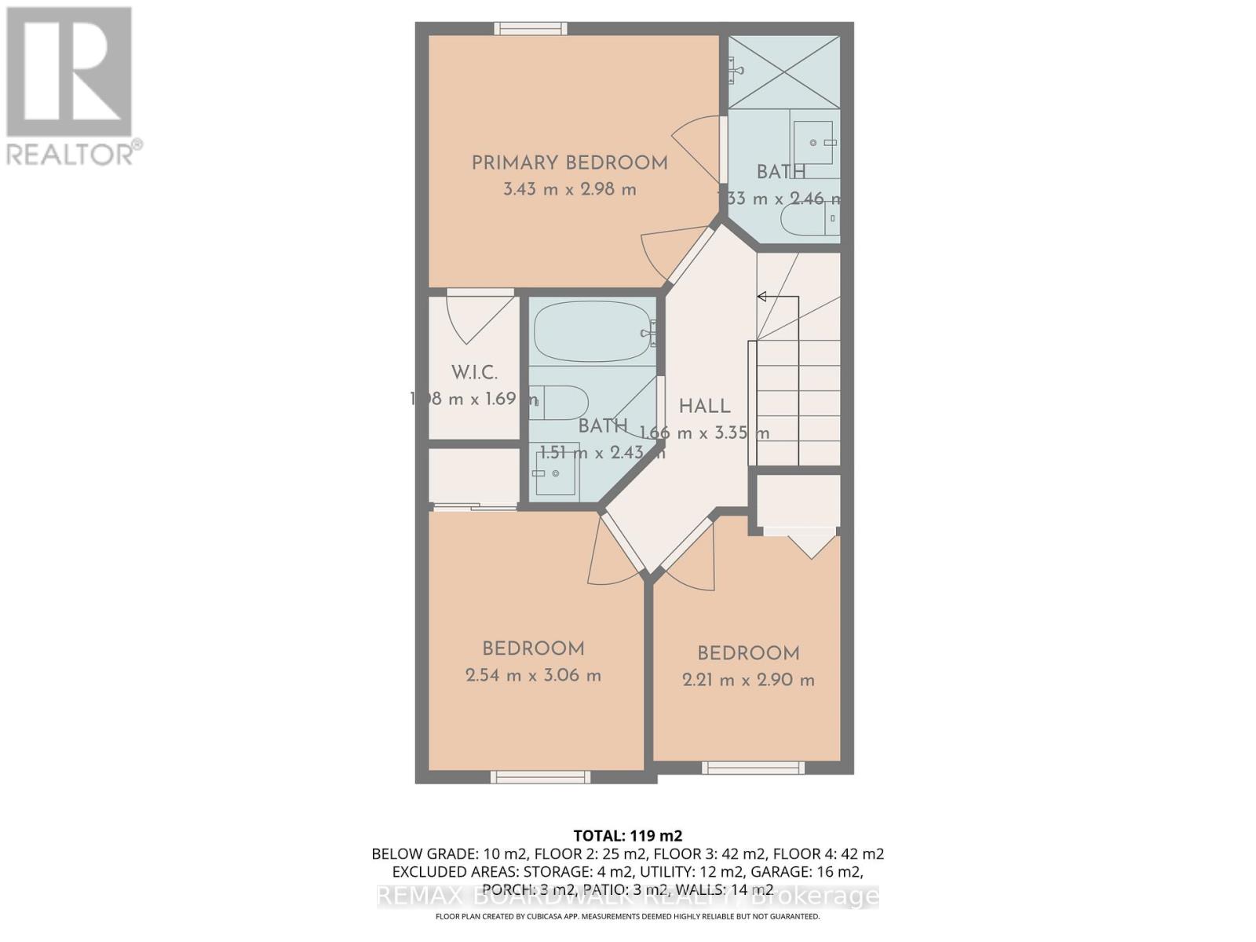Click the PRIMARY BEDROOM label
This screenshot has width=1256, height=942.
[x=569, y=163]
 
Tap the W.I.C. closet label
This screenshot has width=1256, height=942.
[x=474, y=373]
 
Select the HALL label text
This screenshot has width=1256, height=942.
[x=704, y=407]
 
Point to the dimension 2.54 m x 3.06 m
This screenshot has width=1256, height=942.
[x=533, y=675]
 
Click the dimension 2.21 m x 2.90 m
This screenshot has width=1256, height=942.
[x=748, y=680]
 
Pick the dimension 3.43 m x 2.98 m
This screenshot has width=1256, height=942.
[x=569, y=189]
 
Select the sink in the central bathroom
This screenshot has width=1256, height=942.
[x=556, y=473]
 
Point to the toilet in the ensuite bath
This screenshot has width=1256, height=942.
[x=809, y=219]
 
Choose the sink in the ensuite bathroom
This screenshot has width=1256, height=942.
[x=813, y=142]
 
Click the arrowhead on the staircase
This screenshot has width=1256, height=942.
[x=761, y=297]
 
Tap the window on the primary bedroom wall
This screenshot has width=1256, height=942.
[x=531, y=29]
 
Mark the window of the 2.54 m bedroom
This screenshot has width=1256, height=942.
[x=540, y=776]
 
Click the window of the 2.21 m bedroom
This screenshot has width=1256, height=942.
[x=752, y=768]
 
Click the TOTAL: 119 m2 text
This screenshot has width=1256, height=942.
[x=628, y=835]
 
